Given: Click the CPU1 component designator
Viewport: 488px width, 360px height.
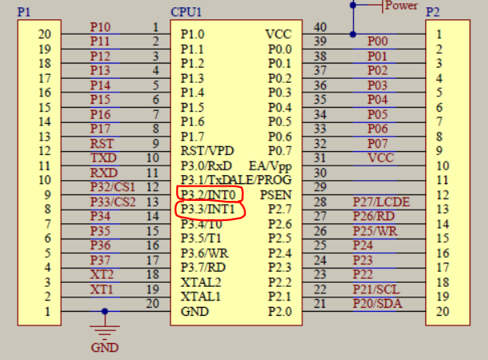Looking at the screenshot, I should (187, 13).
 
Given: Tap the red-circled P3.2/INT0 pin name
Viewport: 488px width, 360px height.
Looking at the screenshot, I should (207, 194).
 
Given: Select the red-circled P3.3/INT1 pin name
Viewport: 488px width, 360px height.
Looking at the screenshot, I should (207, 210).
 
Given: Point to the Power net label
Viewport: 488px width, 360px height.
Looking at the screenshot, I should (401, 6).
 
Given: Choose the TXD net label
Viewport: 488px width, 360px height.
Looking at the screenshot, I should (102, 157).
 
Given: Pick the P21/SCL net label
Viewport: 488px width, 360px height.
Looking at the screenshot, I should (375, 288).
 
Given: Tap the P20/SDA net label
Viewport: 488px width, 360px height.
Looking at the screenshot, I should (375, 303).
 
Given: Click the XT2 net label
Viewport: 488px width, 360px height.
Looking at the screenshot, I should (101, 274).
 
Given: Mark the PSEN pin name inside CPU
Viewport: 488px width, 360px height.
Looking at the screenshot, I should (275, 194).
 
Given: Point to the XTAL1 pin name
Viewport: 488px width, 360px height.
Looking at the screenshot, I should (200, 297).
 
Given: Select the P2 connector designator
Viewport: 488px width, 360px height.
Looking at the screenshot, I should (433, 13).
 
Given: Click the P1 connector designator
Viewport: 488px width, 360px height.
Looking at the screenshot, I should (24, 13).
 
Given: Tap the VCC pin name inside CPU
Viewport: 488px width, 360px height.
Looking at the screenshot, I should (278, 35).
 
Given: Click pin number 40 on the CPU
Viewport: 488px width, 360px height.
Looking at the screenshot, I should (320, 27).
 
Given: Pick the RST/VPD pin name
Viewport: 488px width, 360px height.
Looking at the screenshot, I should (207, 151).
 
